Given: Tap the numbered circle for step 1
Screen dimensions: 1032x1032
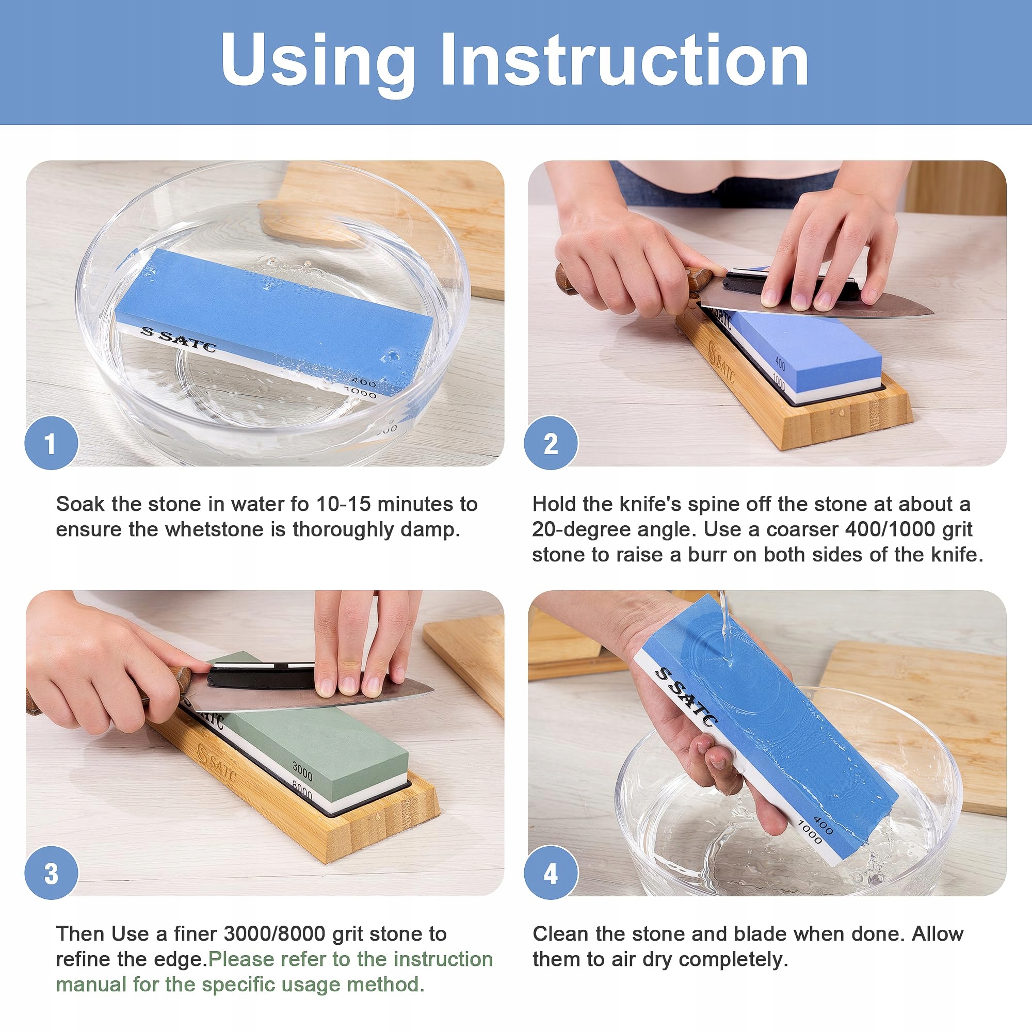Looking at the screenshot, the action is point(51,443).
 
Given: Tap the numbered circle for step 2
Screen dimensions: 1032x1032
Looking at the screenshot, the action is point(551,443).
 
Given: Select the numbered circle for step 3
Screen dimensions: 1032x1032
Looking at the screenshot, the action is point(51,874).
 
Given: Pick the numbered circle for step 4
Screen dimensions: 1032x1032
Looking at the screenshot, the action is point(551,874).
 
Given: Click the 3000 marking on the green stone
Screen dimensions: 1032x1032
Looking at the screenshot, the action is point(302,771).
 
